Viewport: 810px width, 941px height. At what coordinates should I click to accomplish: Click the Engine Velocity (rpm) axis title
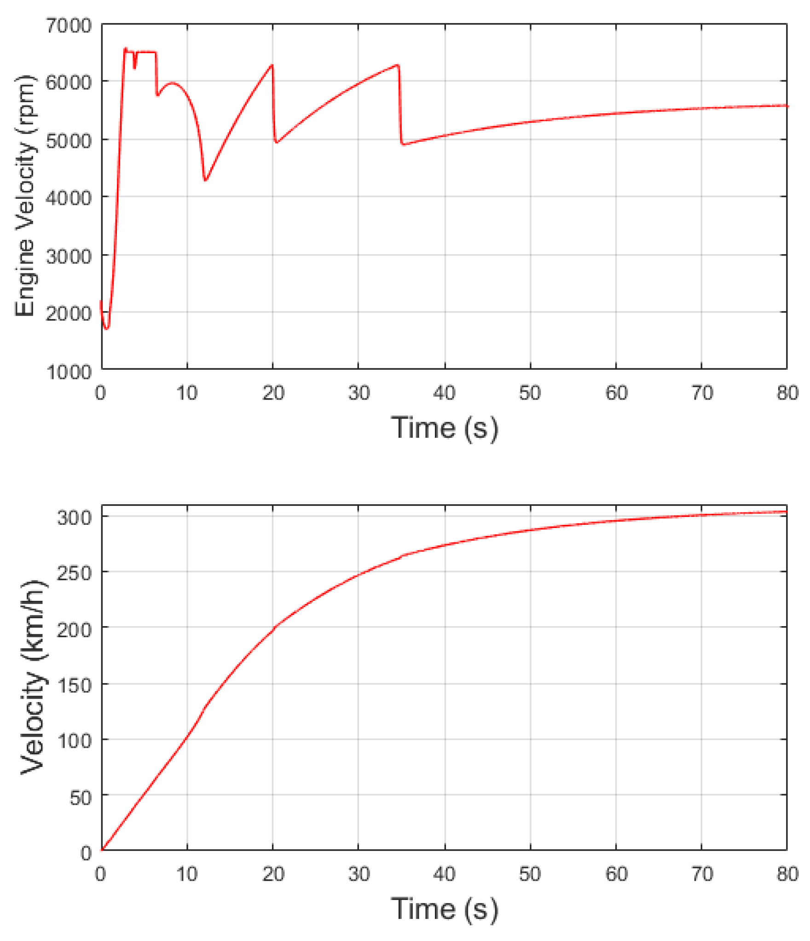(25, 196)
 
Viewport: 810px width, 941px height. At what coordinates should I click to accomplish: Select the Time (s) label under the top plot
(444, 428)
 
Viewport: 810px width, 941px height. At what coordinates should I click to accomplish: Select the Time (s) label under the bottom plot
(444, 909)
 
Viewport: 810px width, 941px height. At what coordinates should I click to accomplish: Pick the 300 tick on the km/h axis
(74, 517)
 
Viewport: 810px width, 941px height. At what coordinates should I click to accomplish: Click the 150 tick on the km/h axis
(74, 685)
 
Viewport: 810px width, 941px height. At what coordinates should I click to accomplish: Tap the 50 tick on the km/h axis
(80, 797)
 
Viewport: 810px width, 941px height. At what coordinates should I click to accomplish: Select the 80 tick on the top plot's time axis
(787, 393)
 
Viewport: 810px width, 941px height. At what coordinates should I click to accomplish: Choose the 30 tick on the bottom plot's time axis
(359, 874)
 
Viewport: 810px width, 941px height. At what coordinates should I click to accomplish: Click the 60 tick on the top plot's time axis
(616, 393)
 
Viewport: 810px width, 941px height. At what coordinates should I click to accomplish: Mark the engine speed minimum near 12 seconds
(205, 180)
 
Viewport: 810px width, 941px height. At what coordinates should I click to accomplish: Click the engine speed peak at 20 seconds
(272, 65)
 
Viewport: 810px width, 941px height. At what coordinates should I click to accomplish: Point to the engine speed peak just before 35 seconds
(398, 65)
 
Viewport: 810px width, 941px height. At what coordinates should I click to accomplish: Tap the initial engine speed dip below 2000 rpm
(106, 329)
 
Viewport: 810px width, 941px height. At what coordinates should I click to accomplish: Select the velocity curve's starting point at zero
(102, 850)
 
